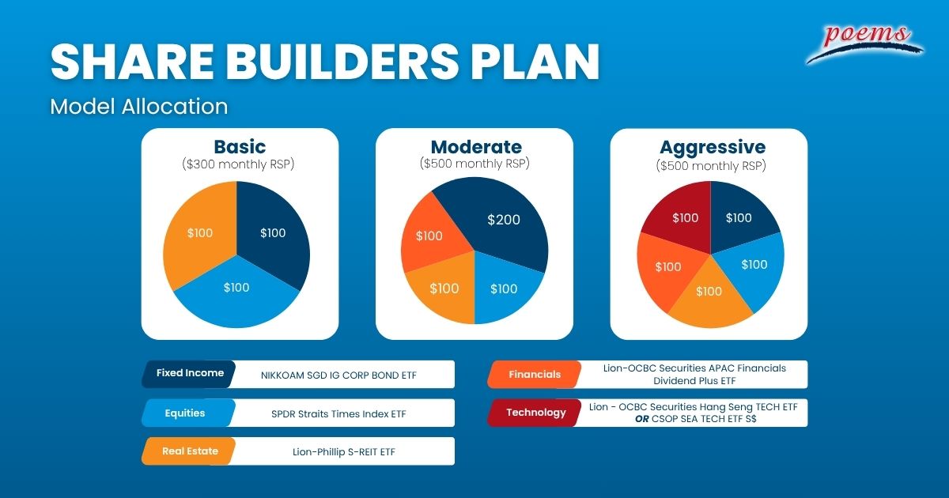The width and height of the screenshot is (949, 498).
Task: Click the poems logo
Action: point(864,43)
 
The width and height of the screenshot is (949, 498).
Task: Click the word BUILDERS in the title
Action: point(342,62)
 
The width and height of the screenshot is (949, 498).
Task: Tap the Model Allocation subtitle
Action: point(139,106)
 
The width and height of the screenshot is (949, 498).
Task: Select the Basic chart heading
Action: point(240,147)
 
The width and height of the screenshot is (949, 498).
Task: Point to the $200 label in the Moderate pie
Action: point(503,220)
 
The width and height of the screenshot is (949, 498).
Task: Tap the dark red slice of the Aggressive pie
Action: point(682,218)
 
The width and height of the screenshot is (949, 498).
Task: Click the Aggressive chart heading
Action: point(713,147)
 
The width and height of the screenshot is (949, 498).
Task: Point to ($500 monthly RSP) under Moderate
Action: point(475,164)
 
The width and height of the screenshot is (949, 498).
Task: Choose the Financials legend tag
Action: point(535,375)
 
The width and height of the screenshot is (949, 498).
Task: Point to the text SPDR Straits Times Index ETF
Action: point(338,413)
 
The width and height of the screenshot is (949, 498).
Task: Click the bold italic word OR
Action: point(642,419)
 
